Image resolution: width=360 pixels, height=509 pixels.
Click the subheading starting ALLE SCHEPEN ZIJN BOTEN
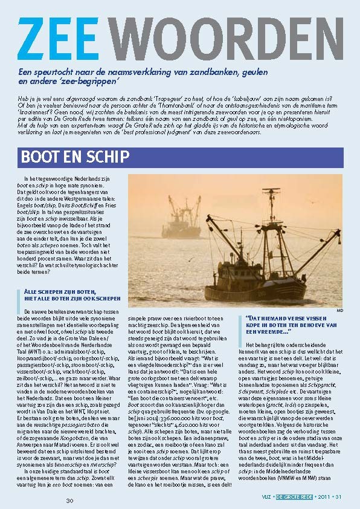click(x=68, y=295)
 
